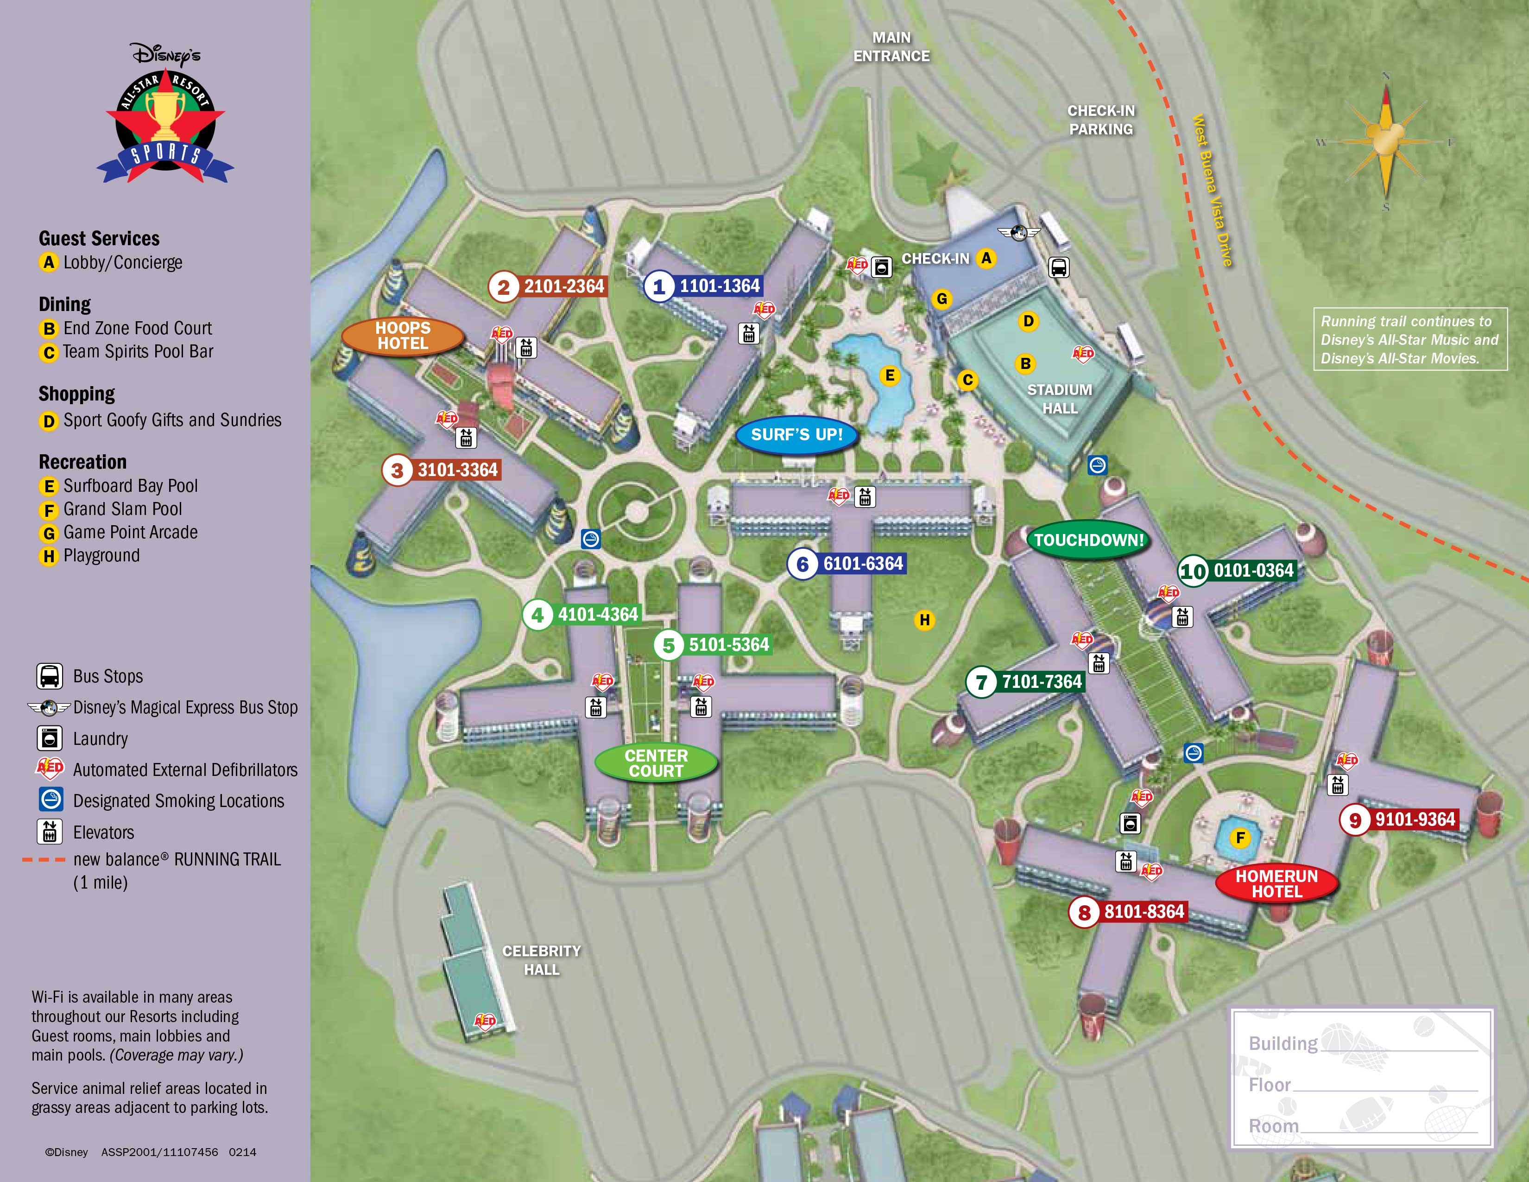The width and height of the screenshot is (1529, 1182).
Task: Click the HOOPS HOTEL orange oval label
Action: click(403, 336)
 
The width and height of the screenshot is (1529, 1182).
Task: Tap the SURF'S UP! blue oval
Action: click(797, 435)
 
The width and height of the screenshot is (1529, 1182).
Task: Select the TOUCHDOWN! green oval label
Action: click(1089, 540)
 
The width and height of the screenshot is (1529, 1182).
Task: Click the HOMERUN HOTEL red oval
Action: click(1276, 883)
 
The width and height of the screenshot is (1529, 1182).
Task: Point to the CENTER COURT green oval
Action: click(656, 763)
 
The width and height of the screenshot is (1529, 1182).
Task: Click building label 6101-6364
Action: click(863, 564)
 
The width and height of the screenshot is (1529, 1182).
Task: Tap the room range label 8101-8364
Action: click(1144, 912)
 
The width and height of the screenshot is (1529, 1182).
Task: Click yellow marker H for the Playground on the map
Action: click(925, 620)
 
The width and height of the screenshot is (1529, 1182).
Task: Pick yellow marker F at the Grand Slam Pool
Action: click(1240, 838)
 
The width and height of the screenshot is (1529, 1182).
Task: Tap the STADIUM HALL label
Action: click(1059, 399)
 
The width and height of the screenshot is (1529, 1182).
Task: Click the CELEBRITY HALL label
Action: click(541, 960)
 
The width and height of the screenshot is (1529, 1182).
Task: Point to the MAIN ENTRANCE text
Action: click(891, 47)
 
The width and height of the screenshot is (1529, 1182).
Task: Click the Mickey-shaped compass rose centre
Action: click(1385, 142)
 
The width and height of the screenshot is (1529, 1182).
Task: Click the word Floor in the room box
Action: click(1269, 1085)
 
